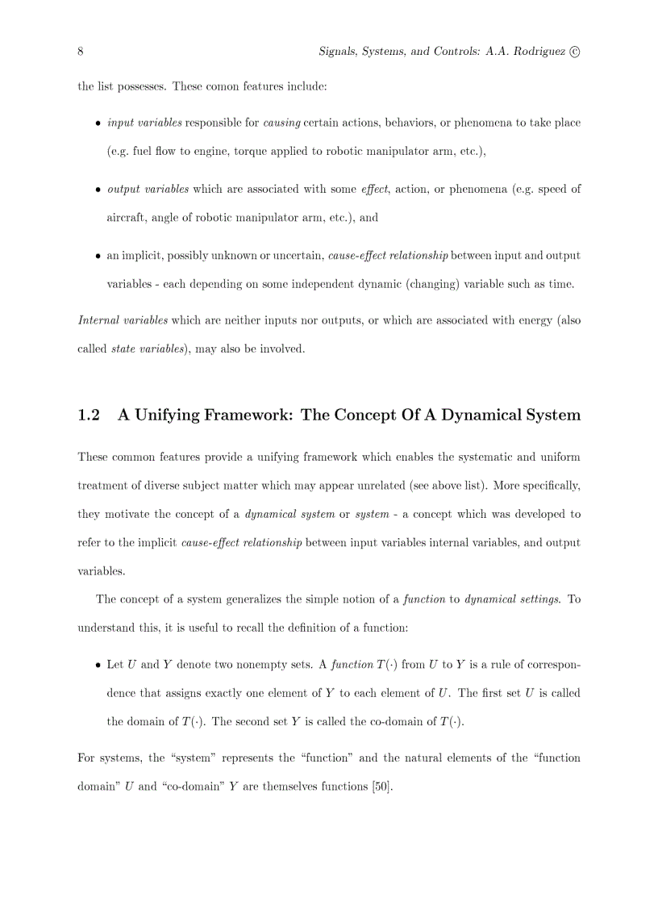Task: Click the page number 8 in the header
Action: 81,52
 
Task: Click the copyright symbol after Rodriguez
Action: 574,52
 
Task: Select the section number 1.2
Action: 89,415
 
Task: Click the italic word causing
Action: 281,123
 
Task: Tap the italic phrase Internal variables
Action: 123,321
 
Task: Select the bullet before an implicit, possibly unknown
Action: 98,257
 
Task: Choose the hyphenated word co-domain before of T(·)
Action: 393,722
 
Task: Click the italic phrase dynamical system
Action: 289,515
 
